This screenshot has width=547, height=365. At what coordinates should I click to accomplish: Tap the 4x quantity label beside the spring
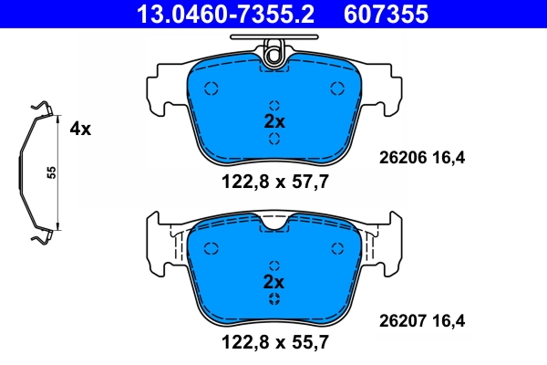[x=80, y=129]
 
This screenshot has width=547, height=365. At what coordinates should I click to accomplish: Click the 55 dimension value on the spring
[x=52, y=173]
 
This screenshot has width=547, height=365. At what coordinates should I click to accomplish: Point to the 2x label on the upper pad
[x=274, y=120]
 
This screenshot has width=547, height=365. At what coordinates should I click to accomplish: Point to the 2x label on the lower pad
[x=274, y=281]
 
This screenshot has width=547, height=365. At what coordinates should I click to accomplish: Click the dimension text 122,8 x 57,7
[x=274, y=181]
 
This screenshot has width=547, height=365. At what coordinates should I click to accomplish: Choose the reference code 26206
[x=401, y=158]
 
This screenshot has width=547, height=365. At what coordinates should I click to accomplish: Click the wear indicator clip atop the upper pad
[x=273, y=53]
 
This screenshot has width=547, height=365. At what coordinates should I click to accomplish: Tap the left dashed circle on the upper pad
[x=212, y=89]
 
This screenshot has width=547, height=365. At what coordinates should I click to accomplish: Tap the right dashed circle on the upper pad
[x=337, y=89]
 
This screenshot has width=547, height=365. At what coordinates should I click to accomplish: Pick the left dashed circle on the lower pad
[x=212, y=248]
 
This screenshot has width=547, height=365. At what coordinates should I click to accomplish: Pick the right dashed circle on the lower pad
[x=337, y=248]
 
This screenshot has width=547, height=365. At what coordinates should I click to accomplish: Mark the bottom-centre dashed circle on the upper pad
[x=274, y=139]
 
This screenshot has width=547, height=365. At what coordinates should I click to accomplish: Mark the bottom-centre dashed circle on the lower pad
[x=274, y=299]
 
